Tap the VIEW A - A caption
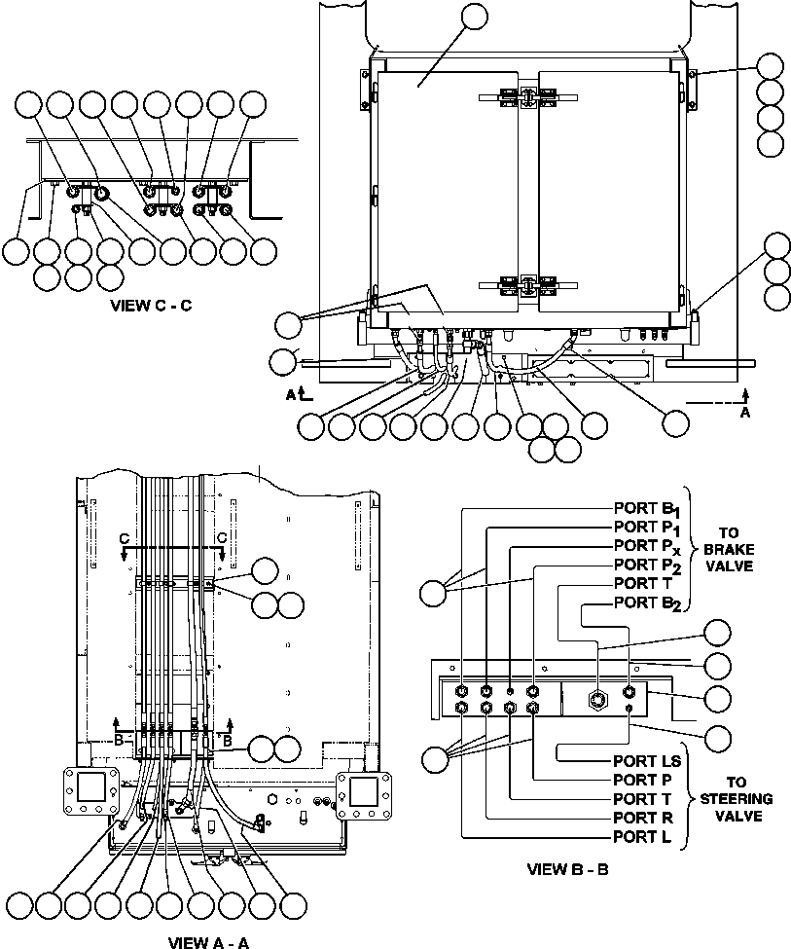pos(208,941)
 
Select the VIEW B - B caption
pos(567,869)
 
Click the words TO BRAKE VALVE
pos(729,549)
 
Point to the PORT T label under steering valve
pos(645,799)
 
